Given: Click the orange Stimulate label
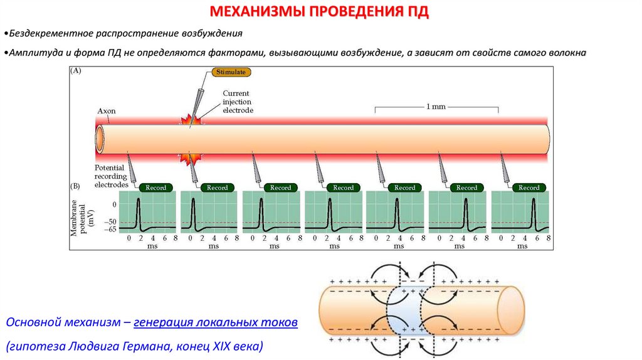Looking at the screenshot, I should pyautogui.click(x=231, y=72).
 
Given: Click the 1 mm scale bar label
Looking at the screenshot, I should pyautogui.click(x=436, y=107).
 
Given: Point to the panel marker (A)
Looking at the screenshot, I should pyautogui.click(x=75, y=71).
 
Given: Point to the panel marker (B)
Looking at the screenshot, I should pyautogui.click(x=75, y=187).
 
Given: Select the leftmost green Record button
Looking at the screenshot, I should pyautogui.click(x=155, y=188).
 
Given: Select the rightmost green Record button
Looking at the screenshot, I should pyautogui.click(x=528, y=188).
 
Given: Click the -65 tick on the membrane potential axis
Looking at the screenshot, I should pyautogui.click(x=110, y=230).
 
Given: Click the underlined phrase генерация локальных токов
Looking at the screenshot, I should pyautogui.click(x=216, y=322).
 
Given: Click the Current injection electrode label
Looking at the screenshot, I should pyautogui.click(x=239, y=102).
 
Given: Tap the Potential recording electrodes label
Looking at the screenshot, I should pyautogui.click(x=111, y=176).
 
